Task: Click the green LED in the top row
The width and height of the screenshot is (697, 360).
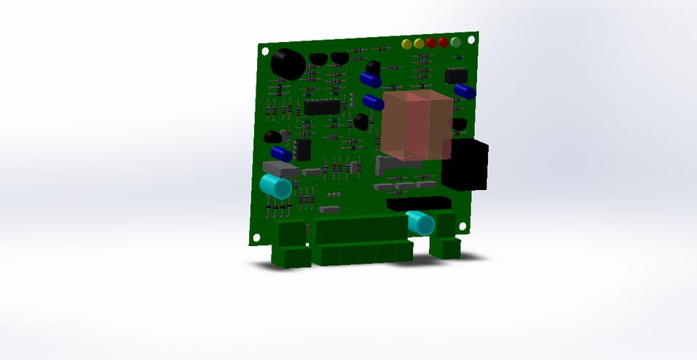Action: click(x=455, y=42)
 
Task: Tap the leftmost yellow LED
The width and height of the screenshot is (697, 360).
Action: click(x=407, y=44)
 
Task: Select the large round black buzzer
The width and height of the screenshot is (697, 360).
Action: click(x=287, y=64)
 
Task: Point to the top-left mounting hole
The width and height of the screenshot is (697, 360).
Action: click(x=266, y=52)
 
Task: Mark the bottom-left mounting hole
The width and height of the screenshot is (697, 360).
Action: click(x=256, y=237)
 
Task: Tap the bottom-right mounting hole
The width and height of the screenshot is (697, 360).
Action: click(x=462, y=226)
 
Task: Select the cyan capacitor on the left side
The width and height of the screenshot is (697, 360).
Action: click(x=277, y=187)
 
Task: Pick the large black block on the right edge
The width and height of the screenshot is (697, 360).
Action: click(x=465, y=165)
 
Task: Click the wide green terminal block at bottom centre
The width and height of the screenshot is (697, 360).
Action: click(x=361, y=240)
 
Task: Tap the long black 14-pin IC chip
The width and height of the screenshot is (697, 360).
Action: click(x=322, y=107)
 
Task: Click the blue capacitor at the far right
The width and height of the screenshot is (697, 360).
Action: click(x=465, y=91)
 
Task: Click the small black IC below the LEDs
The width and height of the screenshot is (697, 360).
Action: click(x=456, y=75)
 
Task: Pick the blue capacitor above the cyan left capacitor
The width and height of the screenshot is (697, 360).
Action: click(x=282, y=154)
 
